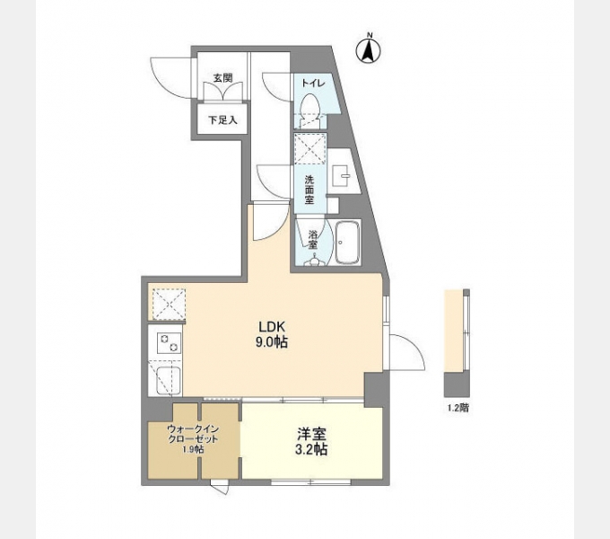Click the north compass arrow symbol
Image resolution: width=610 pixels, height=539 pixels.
tap(368, 50)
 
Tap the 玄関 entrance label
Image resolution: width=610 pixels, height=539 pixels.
tap(222, 78)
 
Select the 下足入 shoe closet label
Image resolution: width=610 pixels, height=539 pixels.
tap(222, 119)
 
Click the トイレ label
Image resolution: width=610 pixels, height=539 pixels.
tap(312, 83)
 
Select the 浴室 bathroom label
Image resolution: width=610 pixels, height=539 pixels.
tap(313, 238)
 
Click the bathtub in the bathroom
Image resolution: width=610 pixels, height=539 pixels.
tap(347, 243)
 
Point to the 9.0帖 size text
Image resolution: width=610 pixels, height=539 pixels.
tap(273, 342)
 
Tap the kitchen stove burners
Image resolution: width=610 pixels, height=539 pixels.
tap(167, 343)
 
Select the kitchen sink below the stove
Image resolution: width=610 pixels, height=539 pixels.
tap(166, 379)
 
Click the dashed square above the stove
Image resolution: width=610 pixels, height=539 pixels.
tap(168, 303)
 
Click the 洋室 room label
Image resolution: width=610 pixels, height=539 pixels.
tap(312, 432)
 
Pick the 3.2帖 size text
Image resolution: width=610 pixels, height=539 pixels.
tap(312, 449)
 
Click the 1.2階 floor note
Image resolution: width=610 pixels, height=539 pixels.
tap(457, 408)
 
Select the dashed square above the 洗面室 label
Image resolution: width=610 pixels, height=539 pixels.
tap(309, 149)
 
